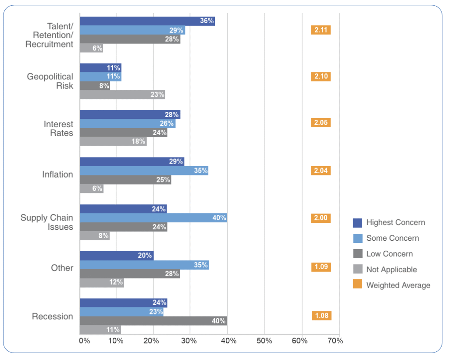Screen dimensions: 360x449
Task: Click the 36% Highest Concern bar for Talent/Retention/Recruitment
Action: [147, 21]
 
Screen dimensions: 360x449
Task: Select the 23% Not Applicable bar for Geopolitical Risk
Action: [122, 95]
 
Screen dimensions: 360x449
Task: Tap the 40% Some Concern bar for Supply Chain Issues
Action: [153, 218]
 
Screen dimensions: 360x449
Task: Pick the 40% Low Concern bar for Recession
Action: [153, 321]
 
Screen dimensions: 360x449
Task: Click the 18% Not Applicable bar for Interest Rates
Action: [113, 142]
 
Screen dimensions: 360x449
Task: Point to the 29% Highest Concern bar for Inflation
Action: [132, 162]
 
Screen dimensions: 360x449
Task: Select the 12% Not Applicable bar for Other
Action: [102, 283]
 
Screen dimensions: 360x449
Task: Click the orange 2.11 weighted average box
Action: [320, 30]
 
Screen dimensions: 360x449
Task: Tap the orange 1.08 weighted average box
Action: [321, 316]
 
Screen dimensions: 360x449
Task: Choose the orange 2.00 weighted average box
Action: [321, 218]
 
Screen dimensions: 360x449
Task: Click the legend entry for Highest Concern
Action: [389, 222]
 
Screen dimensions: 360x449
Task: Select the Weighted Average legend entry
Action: [392, 285]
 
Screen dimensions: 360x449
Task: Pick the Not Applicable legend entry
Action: [385, 270]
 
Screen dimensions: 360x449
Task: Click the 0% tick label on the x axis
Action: [84, 341]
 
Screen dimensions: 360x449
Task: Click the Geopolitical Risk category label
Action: [50, 81]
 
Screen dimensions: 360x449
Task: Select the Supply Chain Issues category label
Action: [47, 222]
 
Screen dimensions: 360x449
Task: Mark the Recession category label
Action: [53, 317]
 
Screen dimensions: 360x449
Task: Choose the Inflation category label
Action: [57, 175]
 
